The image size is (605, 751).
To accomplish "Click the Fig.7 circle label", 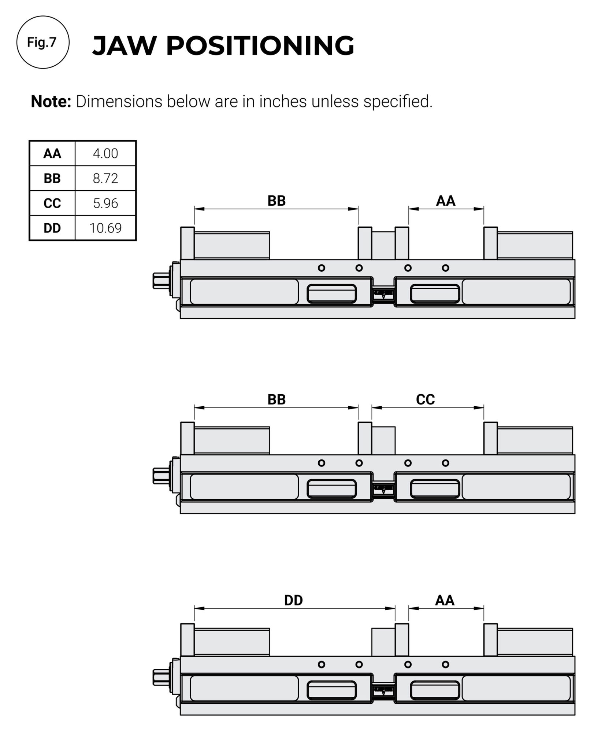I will pyautogui.click(x=42, y=43).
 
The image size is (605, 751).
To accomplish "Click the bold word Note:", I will pyautogui.click(x=51, y=102).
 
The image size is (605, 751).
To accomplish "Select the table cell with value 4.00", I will pyautogui.click(x=105, y=153).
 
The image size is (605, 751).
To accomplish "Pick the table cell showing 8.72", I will pyautogui.click(x=105, y=178).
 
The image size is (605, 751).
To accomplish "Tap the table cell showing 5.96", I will pyautogui.click(x=105, y=203).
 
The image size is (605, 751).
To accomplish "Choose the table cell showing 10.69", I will pyautogui.click(x=105, y=228).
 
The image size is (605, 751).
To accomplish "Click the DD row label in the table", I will pyautogui.click(x=52, y=228).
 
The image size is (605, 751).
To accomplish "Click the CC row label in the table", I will pyautogui.click(x=52, y=203).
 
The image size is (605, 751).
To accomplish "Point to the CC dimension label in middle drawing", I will pyautogui.click(x=425, y=399).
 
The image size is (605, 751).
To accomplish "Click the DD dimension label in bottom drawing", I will pyautogui.click(x=293, y=600).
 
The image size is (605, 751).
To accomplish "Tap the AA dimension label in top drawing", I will pyautogui.click(x=445, y=201).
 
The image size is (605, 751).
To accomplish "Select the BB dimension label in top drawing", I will pyautogui.click(x=276, y=201).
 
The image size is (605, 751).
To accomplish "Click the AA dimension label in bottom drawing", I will pyautogui.click(x=445, y=600).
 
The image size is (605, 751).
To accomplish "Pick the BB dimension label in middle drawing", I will pyautogui.click(x=276, y=399).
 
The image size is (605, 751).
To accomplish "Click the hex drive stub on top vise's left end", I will pyautogui.click(x=160, y=281).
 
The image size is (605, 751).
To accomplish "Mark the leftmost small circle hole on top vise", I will pyautogui.click(x=322, y=268).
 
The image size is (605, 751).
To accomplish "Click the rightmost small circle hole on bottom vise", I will pyautogui.click(x=445, y=664).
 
